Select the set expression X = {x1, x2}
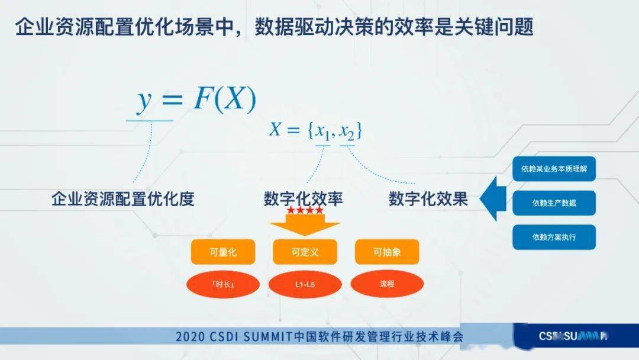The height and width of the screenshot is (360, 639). (x=315, y=130)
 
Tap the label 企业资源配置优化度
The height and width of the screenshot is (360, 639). (x=123, y=199)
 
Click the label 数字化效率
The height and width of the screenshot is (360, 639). (x=304, y=199)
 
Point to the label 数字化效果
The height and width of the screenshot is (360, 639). (x=428, y=199)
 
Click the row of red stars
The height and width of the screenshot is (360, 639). (x=305, y=211)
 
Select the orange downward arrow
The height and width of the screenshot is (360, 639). (x=305, y=225)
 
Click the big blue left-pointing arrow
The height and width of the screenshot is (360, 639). (x=492, y=200)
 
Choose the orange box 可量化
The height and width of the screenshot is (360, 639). (x=223, y=252)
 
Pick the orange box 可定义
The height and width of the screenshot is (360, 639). (x=305, y=252)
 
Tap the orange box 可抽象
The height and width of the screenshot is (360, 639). (x=387, y=252)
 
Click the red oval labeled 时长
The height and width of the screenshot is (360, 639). (x=223, y=284)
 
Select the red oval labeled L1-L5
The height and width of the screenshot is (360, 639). (x=305, y=284)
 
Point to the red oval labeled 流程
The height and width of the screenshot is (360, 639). (x=387, y=284)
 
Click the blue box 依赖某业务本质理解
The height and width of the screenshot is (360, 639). (x=554, y=169)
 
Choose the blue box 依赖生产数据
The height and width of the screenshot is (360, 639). (x=554, y=203)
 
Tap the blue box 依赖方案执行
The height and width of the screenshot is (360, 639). (x=554, y=237)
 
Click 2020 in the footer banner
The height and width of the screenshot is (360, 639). (x=189, y=337)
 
